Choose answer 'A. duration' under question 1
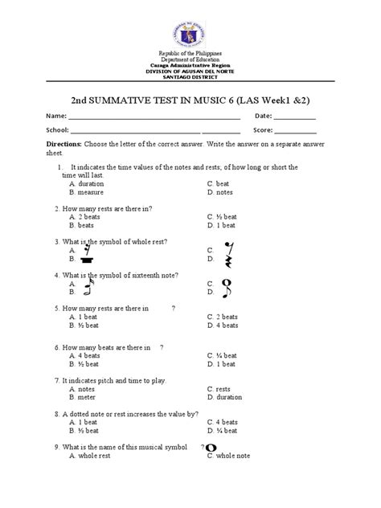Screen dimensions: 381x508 click(88, 184)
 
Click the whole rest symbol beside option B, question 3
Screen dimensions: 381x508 click(84, 260)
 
